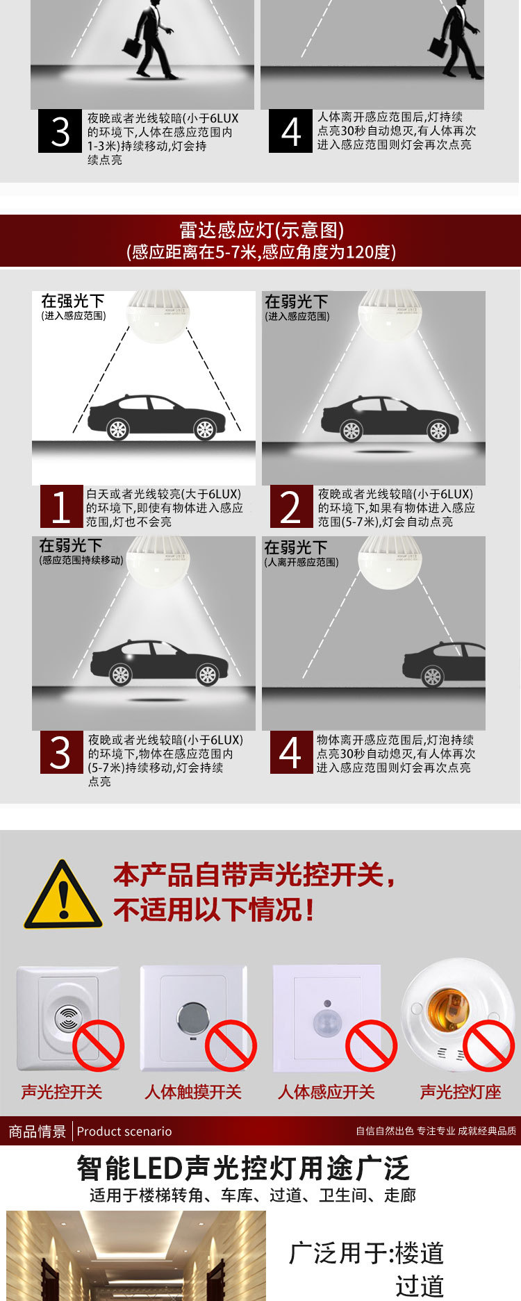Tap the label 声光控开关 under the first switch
pyautogui.click(x=61, y=1092)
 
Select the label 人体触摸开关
pyautogui.click(x=192, y=1092)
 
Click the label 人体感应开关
pyautogui.click(x=326, y=1092)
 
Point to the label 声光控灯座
pyautogui.click(x=460, y=1092)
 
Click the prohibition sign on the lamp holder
pyautogui.click(x=488, y=1045)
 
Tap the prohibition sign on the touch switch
pyautogui.click(x=231, y=1045)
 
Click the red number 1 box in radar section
pyautogui.click(x=61, y=506)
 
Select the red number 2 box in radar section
pyautogui.click(x=290, y=506)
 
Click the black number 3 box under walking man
pyautogui.click(x=60, y=132)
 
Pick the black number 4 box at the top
pyautogui.click(x=290, y=132)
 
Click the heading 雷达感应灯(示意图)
pyautogui.click(x=261, y=230)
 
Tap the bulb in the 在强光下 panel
pyautogui.click(x=158, y=316)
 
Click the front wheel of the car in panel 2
pyautogui.click(x=351, y=431)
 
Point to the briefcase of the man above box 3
pyautogui.click(x=133, y=47)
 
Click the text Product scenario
pyautogui.click(x=124, y=1132)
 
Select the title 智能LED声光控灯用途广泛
pyautogui.click(x=242, y=1168)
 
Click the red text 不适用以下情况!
pyautogui.click(x=214, y=909)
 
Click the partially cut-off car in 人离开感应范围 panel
pyautogui.click(x=445, y=663)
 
